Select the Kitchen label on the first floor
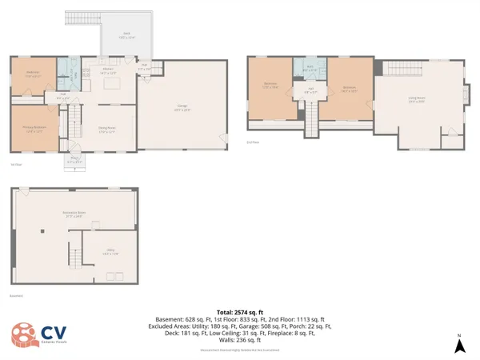click(x=107, y=70)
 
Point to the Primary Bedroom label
click(x=34, y=128)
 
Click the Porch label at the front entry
click(x=75, y=159)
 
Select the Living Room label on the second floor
click(x=415, y=101)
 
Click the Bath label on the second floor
click(x=310, y=70)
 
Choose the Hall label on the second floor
click(x=310, y=89)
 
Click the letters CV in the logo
click(x=54, y=332)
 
